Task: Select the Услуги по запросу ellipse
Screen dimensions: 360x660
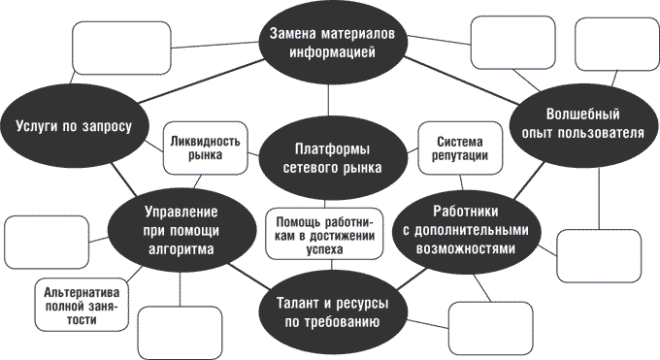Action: point(81,125)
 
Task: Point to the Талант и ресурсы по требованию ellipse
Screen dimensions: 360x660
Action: point(331,311)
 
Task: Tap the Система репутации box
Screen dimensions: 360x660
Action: point(454,147)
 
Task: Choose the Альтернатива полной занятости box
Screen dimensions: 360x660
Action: point(81,307)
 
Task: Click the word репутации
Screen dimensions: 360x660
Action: point(454,156)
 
